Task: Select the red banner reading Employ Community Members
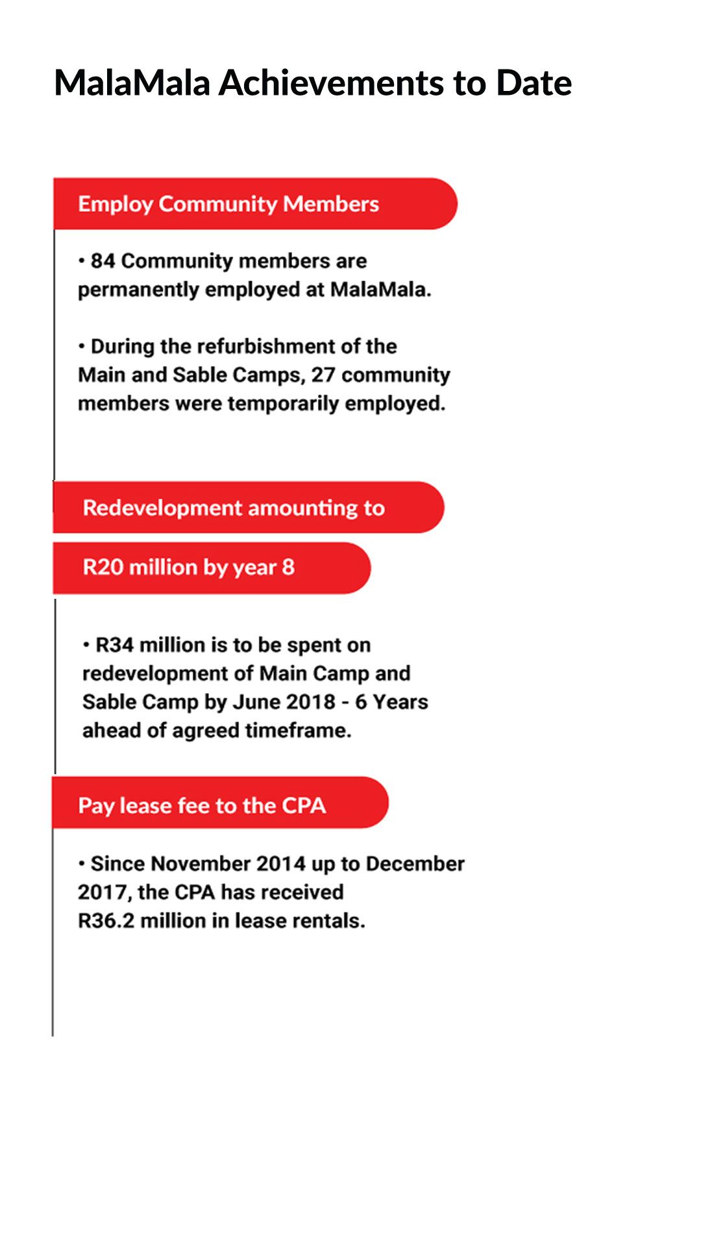(x=254, y=204)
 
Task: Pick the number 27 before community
(x=323, y=375)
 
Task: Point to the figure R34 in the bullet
(x=115, y=646)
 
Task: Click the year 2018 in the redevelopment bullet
(x=310, y=703)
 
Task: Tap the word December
(x=415, y=864)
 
